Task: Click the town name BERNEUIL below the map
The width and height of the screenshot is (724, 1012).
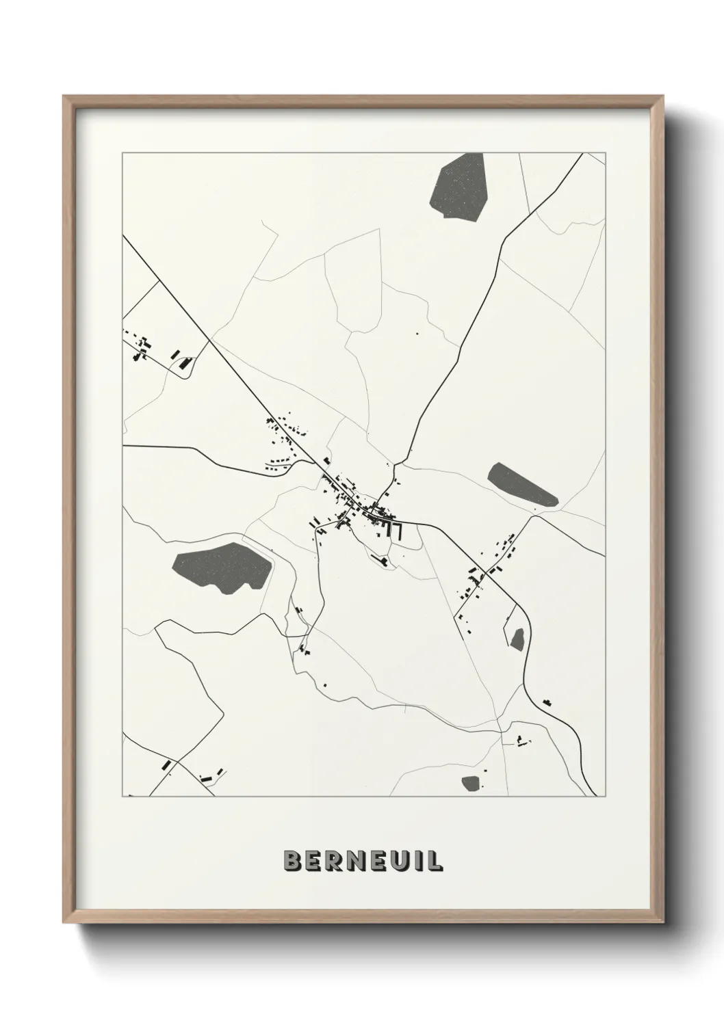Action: point(362,861)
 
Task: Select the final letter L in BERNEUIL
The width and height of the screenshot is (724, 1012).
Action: point(435,861)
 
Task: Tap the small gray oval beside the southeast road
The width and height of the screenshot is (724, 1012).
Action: point(517,639)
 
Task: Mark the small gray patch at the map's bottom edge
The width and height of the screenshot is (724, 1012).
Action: point(470,782)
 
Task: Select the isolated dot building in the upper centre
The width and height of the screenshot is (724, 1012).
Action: point(416,334)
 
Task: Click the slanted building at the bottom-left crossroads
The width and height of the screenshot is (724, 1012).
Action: point(166,764)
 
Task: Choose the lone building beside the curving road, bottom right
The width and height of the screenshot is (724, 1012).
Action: point(546,702)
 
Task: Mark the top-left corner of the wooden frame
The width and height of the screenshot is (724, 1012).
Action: point(66,98)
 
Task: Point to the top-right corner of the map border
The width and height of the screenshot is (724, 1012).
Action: point(606,153)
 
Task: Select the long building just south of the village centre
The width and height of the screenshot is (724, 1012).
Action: point(378,559)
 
